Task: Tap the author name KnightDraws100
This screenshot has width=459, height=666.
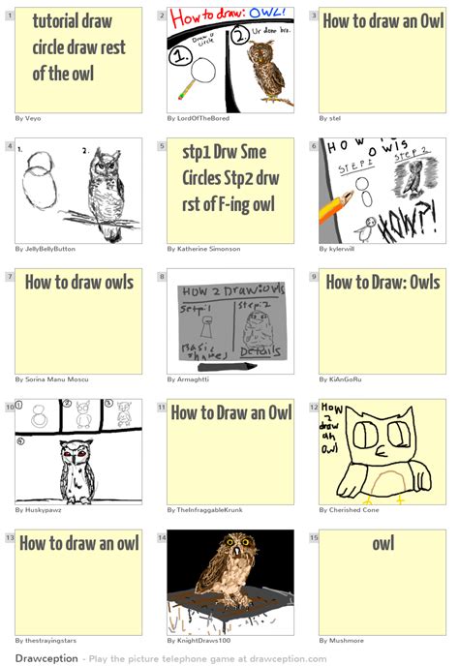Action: pyautogui.click(x=199, y=641)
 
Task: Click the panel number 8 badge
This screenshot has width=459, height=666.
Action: pyautogui.click(x=162, y=276)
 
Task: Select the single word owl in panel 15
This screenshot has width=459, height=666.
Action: pyautogui.click(x=382, y=544)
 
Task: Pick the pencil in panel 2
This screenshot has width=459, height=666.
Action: pyautogui.click(x=184, y=89)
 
